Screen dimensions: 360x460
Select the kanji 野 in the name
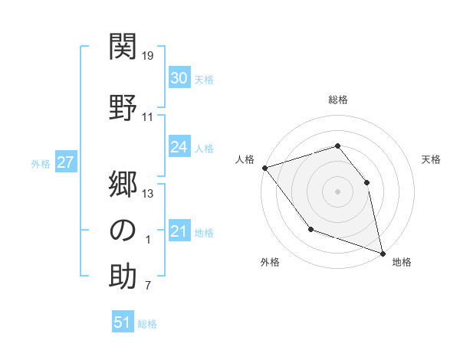pos(123,106)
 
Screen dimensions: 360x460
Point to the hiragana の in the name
pos(123,229)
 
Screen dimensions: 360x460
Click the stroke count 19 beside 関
pos(149,56)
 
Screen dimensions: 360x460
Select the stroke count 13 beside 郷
pos(149,193)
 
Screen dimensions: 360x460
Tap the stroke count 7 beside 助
pos(149,286)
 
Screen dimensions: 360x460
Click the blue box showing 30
pos(179,78)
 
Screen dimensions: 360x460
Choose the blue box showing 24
pos(179,147)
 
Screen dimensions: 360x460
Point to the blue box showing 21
pos(179,231)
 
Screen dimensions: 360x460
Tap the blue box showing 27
pos(65,162)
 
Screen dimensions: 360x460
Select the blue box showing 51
pos(123,322)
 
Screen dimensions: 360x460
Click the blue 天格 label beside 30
pos(204,80)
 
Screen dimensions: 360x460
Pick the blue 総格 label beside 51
pos(147,324)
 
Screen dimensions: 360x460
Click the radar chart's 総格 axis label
pos(337,100)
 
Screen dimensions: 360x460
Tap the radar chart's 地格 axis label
pos(402,262)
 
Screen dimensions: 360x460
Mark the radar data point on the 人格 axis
pos(264,168)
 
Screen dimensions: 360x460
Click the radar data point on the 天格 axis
pos(366,182)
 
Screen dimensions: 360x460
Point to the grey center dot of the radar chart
pos(337,191)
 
